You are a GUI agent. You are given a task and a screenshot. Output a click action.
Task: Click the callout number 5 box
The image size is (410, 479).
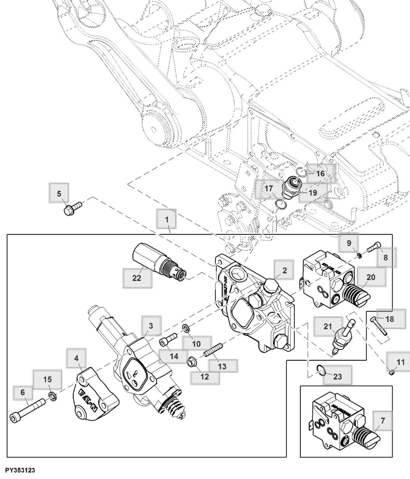click(x=59, y=194)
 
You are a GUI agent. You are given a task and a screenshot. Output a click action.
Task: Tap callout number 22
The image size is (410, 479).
click(x=137, y=278)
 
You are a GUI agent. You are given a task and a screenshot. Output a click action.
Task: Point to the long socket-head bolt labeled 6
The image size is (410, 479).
click(x=27, y=409)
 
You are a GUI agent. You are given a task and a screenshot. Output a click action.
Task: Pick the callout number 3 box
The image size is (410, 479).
click(x=151, y=326)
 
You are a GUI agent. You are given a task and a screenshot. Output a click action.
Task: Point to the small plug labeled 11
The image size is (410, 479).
click(x=391, y=373)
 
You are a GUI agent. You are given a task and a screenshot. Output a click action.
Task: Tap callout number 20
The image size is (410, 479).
click(x=371, y=277)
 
